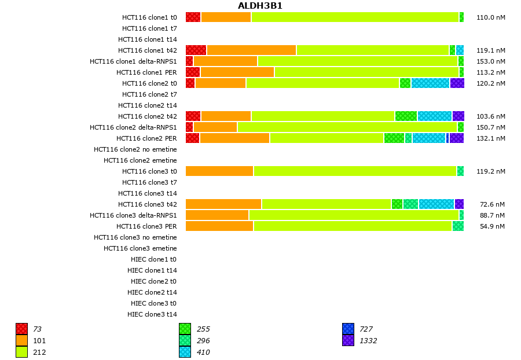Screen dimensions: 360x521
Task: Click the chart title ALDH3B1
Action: (x=260, y=6)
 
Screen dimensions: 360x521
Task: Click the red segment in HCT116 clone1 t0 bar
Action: (x=193, y=17)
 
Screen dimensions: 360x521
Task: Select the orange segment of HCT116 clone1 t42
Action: (x=251, y=50)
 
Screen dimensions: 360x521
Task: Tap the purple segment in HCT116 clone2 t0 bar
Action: (x=457, y=83)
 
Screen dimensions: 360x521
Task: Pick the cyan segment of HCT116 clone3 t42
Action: (x=436, y=204)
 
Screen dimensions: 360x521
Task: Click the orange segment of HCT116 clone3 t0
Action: (x=219, y=171)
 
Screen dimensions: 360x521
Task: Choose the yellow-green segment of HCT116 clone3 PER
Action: (x=353, y=226)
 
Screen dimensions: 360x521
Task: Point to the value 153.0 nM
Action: (x=490, y=61)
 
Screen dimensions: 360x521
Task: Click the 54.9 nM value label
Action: (x=492, y=226)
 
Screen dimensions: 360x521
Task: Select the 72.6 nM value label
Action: (x=492, y=204)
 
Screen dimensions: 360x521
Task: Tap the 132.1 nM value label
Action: (x=490, y=138)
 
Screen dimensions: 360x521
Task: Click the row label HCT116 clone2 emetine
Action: (x=140, y=160)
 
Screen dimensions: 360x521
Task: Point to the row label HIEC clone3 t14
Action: (x=152, y=314)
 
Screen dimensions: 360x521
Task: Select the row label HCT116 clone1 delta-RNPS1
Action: (x=133, y=61)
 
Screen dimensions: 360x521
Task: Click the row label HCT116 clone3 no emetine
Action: (x=135, y=237)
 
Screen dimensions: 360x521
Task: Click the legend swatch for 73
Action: (x=21, y=329)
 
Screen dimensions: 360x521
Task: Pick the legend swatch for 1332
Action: (x=348, y=341)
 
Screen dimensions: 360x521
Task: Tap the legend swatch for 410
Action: (x=185, y=352)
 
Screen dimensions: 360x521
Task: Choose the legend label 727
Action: (x=366, y=329)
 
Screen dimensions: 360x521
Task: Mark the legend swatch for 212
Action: (x=21, y=352)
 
